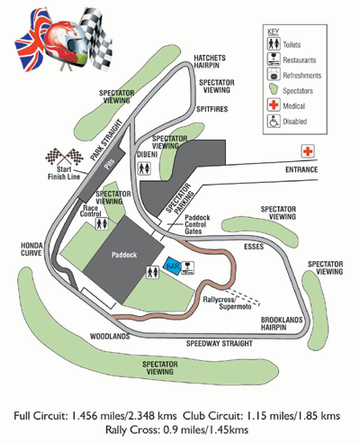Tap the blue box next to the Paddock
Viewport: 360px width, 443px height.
click(172, 267)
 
